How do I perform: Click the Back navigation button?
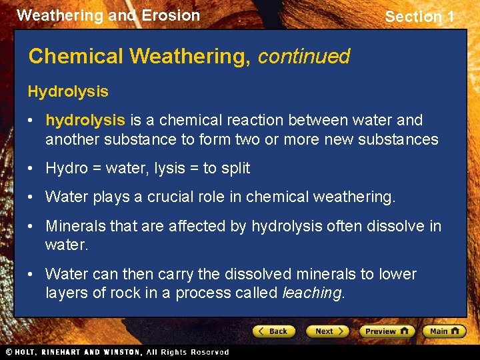tap(273, 331)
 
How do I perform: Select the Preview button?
tap(387, 331)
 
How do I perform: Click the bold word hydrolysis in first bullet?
tap(85, 120)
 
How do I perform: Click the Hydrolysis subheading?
tap(68, 91)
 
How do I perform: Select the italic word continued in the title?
tap(303, 57)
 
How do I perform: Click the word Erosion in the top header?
tap(171, 15)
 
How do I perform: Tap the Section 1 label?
tap(419, 17)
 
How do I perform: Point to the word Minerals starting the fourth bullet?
tap(75, 226)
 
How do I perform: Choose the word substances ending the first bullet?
tap(399, 139)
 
